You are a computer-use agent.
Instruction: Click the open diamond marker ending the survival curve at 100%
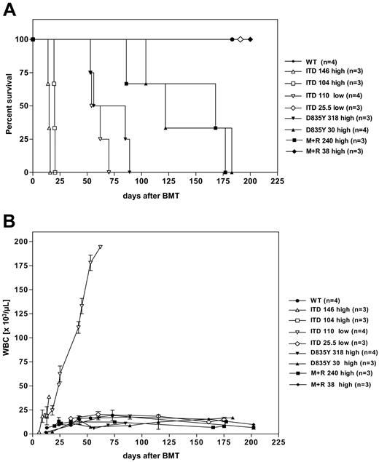pyautogui.click(x=241, y=39)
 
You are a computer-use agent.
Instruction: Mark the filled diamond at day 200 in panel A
pyautogui.click(x=250, y=39)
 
